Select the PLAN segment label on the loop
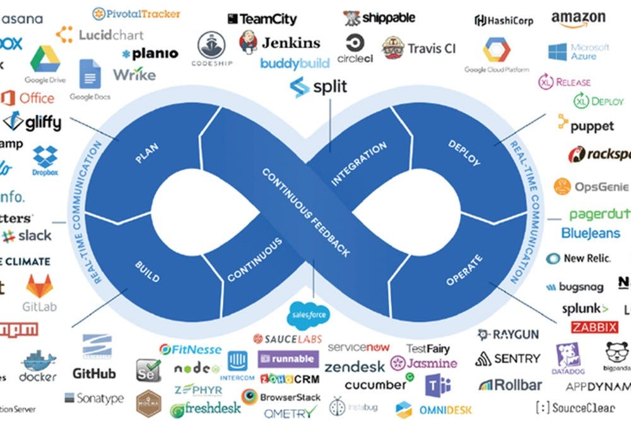point(147,154)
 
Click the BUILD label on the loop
point(147,269)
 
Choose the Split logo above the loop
point(319,86)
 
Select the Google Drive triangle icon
point(45,59)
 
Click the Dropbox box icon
point(45,157)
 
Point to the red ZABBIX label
point(594,327)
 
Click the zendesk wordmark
point(355,367)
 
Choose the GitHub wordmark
point(94,373)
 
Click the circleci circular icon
point(355,44)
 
